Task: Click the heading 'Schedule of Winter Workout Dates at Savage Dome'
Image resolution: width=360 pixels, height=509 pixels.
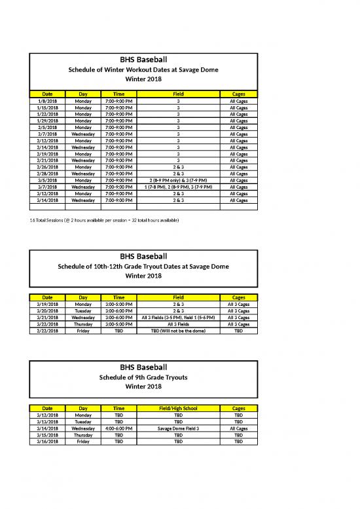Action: (143, 70)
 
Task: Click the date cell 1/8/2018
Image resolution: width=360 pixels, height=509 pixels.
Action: (48, 101)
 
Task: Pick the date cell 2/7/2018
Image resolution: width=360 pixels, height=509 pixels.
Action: (48, 134)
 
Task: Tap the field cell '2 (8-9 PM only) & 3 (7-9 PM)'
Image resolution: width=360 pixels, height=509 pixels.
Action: (178, 180)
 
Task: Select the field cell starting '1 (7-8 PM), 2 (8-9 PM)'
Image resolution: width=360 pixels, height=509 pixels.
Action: (178, 187)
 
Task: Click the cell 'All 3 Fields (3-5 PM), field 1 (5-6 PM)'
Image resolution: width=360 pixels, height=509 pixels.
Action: (178, 317)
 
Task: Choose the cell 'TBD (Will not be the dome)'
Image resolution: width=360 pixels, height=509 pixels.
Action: (178, 330)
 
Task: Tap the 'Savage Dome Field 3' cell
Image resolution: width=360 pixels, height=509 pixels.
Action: (178, 428)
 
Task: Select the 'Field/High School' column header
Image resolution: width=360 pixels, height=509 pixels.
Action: (178, 408)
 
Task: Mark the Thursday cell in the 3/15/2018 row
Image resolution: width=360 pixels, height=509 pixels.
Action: (83, 434)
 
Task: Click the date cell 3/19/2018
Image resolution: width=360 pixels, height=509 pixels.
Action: (48, 304)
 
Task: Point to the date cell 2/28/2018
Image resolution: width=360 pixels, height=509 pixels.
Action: (48, 174)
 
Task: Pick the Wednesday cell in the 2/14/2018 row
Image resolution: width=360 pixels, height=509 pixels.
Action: (83, 147)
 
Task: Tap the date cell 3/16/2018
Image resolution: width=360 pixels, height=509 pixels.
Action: (48, 441)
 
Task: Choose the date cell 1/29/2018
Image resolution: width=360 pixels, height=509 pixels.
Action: (48, 121)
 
